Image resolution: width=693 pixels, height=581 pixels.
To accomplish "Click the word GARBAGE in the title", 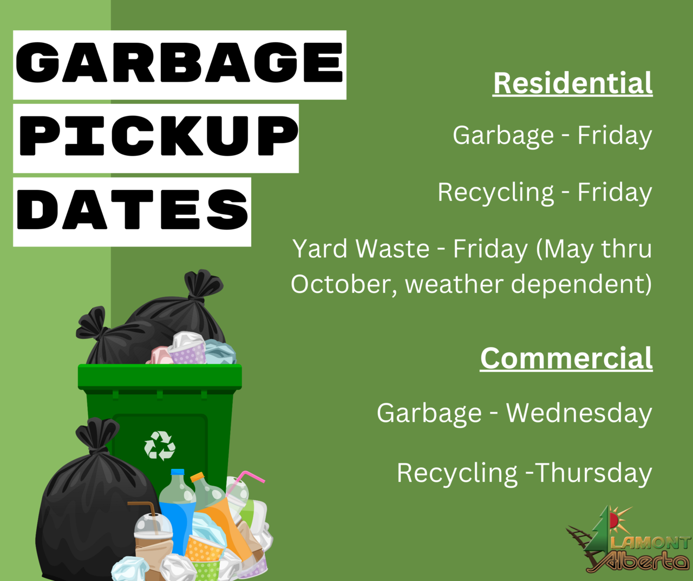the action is coord(179,62).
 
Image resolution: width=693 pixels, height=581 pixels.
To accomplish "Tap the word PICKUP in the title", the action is coord(159,136).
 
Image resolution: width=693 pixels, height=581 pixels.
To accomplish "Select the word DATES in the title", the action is coord(133,210).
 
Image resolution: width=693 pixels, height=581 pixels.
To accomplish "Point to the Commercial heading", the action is coord(566,358).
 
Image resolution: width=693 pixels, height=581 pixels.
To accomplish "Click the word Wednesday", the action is coord(579,413).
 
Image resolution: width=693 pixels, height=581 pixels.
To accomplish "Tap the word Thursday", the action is coord(594,473).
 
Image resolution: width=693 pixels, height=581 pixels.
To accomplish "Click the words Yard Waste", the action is coord(361,249).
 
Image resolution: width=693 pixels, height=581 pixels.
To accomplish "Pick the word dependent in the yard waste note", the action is coord(581,284).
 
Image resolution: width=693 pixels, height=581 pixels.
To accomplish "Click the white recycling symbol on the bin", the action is coord(160,446).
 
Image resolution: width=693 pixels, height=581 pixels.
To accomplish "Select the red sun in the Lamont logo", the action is coord(613,520).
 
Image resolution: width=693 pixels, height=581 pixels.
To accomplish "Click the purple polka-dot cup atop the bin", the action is coord(187,352).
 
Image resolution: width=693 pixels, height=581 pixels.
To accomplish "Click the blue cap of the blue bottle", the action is coord(177,472).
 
